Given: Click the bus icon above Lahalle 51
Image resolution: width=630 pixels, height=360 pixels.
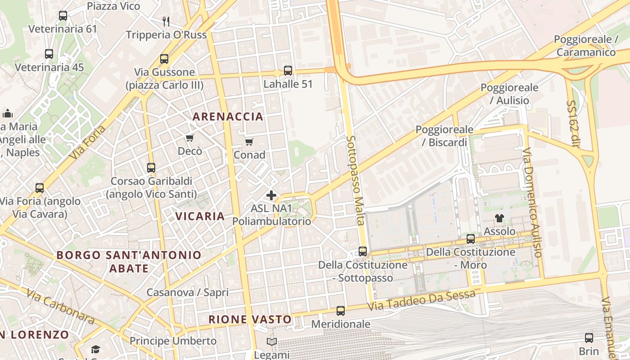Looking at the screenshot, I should (288, 71).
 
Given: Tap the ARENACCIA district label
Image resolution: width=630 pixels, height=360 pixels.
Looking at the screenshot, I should (228, 117).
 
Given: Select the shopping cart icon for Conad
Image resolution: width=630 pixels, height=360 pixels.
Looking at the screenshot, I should (249, 142).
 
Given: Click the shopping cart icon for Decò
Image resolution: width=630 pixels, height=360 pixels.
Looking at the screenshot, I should (189, 138).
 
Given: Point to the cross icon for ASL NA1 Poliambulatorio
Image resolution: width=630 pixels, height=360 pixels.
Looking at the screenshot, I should (271, 195).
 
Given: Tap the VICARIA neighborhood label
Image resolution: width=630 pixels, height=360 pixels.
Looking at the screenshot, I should (200, 216).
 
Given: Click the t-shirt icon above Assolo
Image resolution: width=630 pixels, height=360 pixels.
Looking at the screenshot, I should (499, 218).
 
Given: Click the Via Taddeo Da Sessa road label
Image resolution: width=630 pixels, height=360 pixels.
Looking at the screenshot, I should (422, 300).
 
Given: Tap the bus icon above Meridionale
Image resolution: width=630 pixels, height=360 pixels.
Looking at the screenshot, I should (341, 311).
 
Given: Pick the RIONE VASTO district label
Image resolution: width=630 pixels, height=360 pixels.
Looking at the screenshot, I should (250, 319).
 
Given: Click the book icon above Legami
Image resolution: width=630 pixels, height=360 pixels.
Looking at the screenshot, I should (271, 342).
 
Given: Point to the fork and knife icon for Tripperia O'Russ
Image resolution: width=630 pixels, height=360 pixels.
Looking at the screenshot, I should (166, 21).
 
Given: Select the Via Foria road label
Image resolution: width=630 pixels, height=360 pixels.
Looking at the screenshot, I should (88, 143).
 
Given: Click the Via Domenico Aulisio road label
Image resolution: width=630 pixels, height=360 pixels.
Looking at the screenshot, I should (533, 202).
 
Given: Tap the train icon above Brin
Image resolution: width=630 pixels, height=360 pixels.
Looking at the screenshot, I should (589, 338).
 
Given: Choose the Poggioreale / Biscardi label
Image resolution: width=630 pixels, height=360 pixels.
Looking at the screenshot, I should (444, 136).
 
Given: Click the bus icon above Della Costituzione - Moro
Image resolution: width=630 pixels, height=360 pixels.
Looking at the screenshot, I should (471, 239).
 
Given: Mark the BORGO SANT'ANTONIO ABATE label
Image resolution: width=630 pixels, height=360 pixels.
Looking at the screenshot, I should (129, 261).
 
